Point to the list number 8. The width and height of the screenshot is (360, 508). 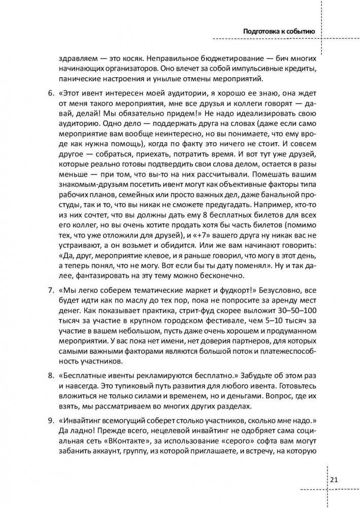(x=50, y=376)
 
